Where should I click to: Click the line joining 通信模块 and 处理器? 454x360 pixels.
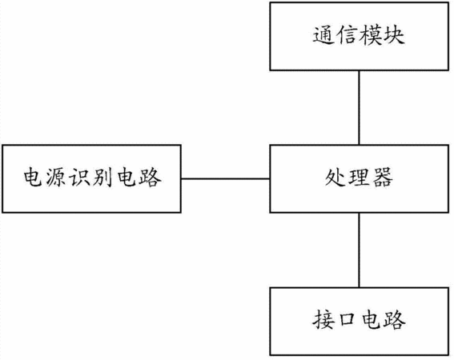pyautogui.click(x=360, y=108)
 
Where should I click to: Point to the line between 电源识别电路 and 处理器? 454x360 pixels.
pyautogui.click(x=225, y=179)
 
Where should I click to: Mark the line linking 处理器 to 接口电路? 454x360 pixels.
pyautogui.click(x=360, y=250)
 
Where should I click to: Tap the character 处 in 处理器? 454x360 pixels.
pyautogui.click(x=335, y=177)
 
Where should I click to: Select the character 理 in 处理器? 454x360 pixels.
pyautogui.click(x=360, y=177)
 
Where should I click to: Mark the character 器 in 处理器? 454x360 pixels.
pyautogui.click(x=383, y=177)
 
